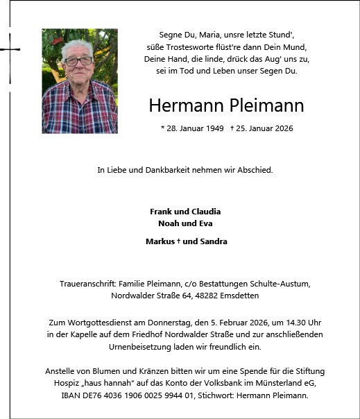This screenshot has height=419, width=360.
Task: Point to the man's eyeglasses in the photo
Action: (x=78, y=61)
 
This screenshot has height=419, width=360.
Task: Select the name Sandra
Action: (x=212, y=241)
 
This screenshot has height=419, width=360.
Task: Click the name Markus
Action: (x=160, y=241)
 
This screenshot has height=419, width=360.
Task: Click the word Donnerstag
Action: (x=166, y=323)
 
